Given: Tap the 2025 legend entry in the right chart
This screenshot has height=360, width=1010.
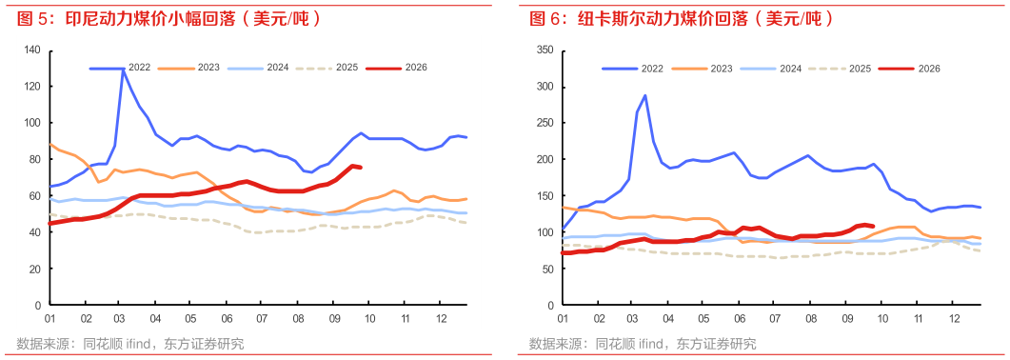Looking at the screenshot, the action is point(841,69).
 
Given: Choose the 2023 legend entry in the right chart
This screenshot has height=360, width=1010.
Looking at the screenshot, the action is point(703,69).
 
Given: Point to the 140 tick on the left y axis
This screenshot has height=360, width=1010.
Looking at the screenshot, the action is point(33,50).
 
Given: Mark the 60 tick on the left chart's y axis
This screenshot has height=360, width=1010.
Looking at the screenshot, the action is point(36,196).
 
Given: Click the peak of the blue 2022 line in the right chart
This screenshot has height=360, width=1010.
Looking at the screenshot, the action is point(644,95).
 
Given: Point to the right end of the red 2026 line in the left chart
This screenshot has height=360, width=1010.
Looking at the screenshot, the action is point(360,168).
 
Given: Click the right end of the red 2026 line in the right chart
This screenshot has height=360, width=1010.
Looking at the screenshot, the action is point(872,226).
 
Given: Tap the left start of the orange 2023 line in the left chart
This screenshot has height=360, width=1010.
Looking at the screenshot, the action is point(50,144).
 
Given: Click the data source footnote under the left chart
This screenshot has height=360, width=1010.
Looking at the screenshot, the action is point(129,343).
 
